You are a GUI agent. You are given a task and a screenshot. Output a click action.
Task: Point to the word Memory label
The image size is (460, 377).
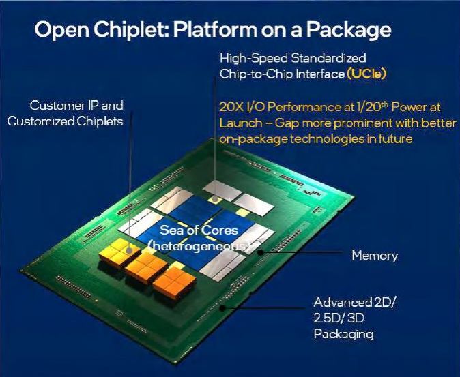[x=375, y=256]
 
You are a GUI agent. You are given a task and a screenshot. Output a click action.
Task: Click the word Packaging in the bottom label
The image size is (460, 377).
[x=343, y=334]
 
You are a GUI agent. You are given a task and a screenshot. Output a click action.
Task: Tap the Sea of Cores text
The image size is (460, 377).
[x=199, y=230]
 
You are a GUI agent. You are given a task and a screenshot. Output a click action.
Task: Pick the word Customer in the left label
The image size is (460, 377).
[x=56, y=106]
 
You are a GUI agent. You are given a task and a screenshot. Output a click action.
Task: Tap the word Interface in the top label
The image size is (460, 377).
[x=319, y=74]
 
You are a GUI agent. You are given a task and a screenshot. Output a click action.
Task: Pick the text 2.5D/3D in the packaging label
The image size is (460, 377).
[x=341, y=318]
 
